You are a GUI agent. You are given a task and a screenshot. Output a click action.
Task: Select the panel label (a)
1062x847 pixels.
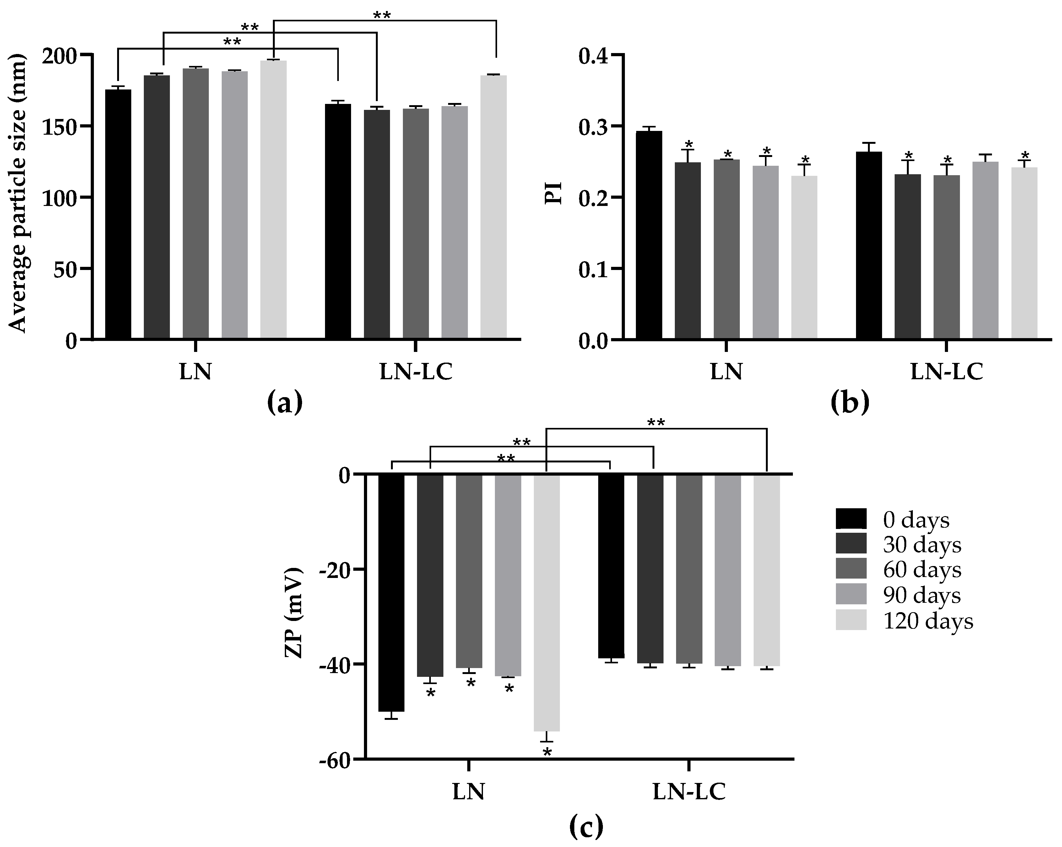coord(285,402)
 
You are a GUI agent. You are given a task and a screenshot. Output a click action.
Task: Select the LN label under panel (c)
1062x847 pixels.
coord(469,792)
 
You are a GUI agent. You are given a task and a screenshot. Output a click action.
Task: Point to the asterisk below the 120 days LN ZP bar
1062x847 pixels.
coord(547,753)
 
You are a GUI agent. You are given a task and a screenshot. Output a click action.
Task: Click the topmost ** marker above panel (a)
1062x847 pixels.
coord(381,15)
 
